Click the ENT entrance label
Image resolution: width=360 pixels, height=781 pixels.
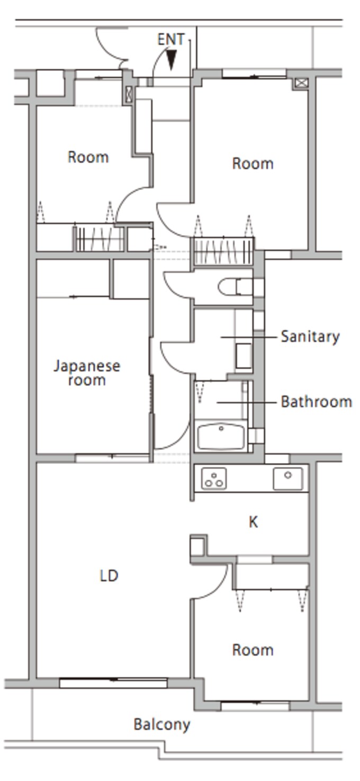(171, 39)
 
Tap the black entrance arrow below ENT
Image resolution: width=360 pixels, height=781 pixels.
(172, 60)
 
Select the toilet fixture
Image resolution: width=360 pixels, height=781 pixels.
(236, 287)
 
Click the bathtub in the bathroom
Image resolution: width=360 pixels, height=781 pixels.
(221, 436)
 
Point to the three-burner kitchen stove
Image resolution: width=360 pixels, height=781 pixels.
(214, 479)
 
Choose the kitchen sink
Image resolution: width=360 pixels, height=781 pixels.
(288, 478)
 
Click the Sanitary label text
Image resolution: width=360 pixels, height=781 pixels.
(310, 337)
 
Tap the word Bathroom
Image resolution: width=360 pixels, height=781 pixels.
(317, 402)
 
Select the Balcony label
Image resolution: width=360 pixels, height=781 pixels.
(162, 725)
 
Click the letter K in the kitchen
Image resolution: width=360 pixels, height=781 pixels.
(253, 522)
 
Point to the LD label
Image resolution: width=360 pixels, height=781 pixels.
(109, 576)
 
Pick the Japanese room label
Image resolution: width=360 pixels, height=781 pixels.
(87, 373)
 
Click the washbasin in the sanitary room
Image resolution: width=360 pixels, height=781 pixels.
(244, 356)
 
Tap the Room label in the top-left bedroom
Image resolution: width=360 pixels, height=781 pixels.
(88, 157)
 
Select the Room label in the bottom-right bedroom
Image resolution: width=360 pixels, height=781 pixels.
(253, 650)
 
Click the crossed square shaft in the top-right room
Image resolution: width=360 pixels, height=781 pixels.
(301, 83)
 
